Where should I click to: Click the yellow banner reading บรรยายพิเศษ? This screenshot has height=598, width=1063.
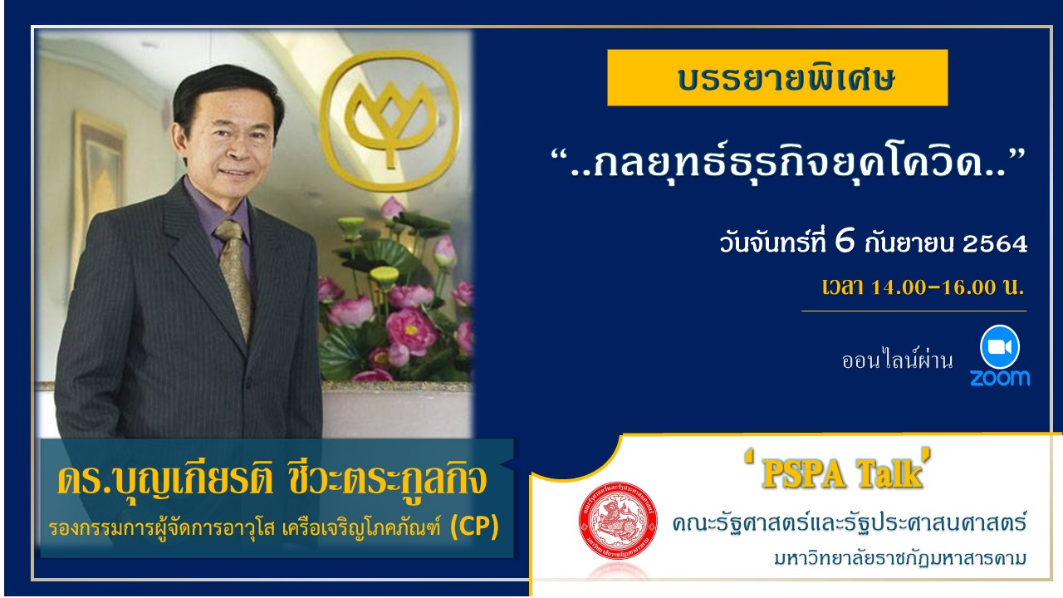pos(777,77)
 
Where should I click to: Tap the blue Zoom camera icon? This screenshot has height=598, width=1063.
pos(999,347)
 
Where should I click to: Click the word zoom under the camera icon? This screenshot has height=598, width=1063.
pos(999,378)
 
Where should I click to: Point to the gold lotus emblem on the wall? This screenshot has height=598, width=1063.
pos(390,120)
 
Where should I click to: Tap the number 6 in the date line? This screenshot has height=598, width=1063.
pos(845,242)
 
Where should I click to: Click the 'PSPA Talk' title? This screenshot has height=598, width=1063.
pos(839,473)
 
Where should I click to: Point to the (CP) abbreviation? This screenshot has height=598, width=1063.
pos(473,526)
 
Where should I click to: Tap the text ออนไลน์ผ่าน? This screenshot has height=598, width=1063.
pos(898,360)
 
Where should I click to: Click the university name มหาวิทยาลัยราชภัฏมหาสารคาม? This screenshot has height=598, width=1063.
pos(899,559)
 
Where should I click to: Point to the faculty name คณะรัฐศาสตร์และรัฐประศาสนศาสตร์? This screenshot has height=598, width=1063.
pos(850,522)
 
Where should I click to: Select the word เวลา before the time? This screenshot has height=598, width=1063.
pos(842,287)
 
